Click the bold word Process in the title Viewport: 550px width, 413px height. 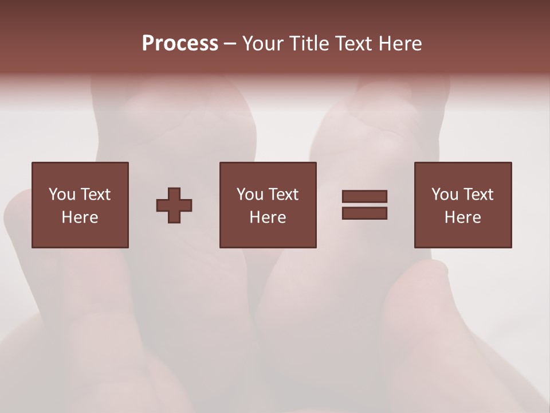180,44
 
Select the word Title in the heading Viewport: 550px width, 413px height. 308,44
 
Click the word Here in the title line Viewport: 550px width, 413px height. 400,44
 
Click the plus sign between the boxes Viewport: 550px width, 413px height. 174,205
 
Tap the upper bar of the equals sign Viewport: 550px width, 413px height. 364,196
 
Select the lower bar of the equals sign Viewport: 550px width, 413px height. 364,213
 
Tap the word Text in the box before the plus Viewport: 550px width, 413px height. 95,194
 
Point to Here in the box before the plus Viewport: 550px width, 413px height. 80,217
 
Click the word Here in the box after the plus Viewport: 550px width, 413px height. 268,217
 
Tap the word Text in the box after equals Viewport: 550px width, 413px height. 478,194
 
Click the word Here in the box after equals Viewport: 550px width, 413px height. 463,217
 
